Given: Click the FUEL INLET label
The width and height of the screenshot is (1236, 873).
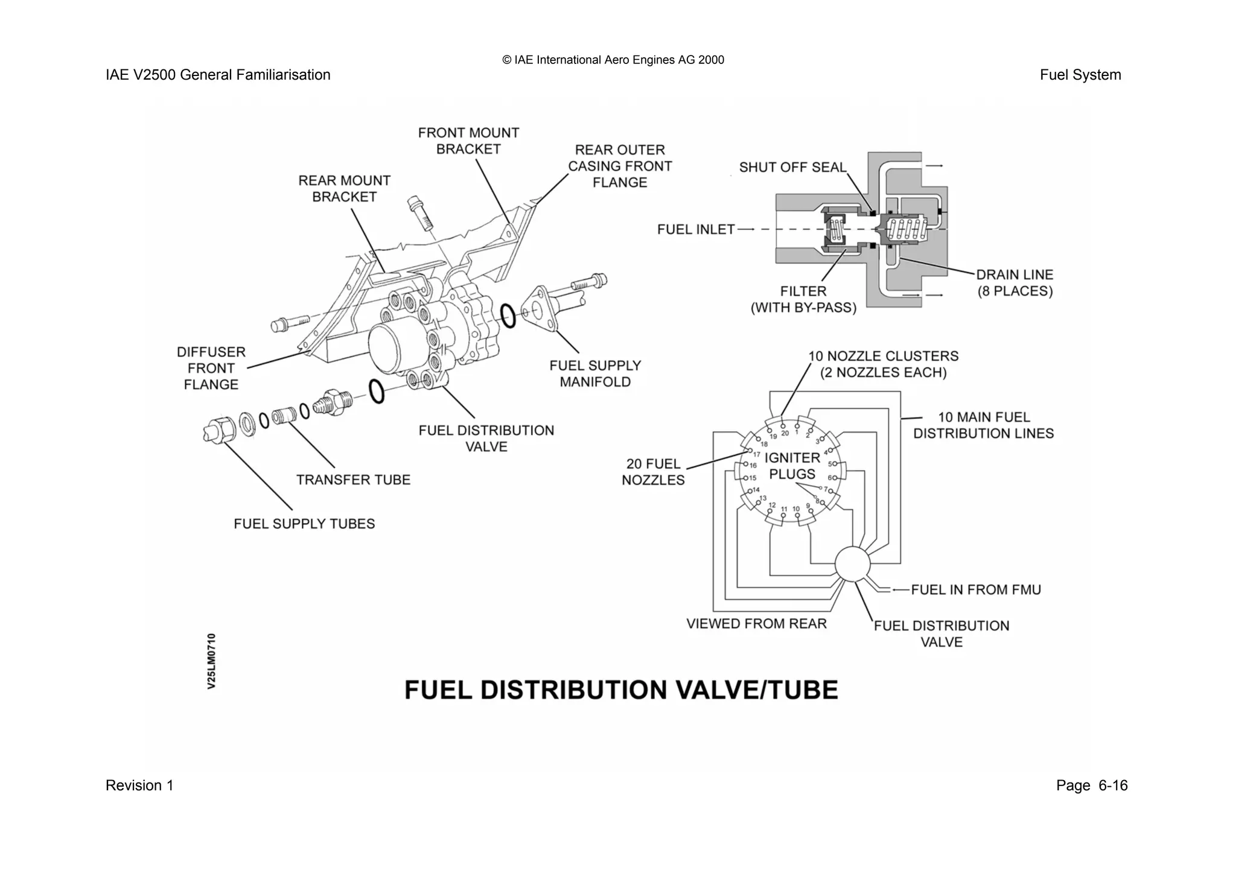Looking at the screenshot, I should (x=695, y=230).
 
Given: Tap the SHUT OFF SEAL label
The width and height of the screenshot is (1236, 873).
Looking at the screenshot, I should (x=792, y=168).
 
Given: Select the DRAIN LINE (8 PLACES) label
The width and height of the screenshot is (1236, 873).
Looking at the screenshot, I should (x=1015, y=283).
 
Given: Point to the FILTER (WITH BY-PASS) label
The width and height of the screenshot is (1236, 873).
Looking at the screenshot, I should (x=803, y=299).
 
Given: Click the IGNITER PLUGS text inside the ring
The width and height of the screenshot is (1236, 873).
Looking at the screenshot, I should (x=792, y=466).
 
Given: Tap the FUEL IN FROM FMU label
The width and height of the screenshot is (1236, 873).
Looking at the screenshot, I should (x=975, y=590).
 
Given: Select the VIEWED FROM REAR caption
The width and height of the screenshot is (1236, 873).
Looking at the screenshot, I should (x=756, y=624).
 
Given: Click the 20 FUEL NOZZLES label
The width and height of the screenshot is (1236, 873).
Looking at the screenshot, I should (x=653, y=472).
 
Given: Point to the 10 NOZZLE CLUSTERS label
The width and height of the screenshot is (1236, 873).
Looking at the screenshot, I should (x=883, y=364).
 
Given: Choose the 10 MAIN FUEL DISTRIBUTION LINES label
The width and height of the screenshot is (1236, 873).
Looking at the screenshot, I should (x=983, y=425).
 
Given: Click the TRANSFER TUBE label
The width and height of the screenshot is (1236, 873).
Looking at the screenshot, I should (x=353, y=480).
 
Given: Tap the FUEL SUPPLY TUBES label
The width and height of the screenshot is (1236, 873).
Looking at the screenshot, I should (x=304, y=524).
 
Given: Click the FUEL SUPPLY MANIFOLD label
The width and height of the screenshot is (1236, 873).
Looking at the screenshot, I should (x=595, y=374).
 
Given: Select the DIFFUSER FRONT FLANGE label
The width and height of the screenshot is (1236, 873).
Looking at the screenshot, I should (x=211, y=368).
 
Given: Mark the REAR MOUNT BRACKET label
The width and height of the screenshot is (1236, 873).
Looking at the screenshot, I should (x=344, y=189).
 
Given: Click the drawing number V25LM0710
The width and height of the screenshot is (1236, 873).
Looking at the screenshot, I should (x=211, y=661).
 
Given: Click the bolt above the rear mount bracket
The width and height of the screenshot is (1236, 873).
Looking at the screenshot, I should (x=420, y=212).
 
